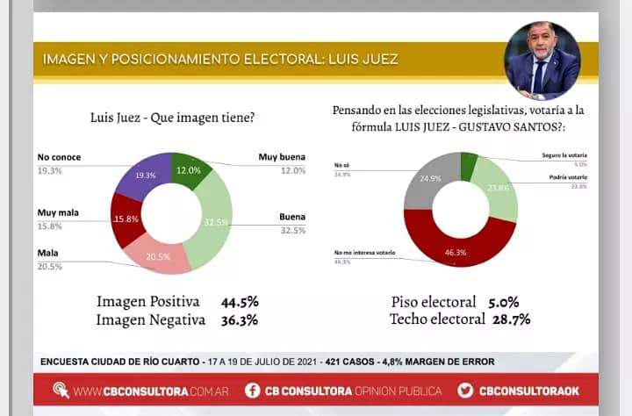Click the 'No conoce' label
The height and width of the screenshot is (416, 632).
[59, 157]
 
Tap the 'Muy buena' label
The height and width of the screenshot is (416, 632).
[282, 157]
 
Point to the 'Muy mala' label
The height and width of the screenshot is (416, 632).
[59, 212]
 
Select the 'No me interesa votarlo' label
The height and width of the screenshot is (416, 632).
[364, 253]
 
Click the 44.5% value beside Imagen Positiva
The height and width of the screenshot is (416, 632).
[240, 302]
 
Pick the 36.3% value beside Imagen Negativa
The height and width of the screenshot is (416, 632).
[240, 320]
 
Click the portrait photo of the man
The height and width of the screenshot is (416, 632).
[542, 61]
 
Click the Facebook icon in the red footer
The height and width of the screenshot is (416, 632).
[252, 390]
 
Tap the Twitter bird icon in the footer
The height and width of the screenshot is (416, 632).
[465, 390]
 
